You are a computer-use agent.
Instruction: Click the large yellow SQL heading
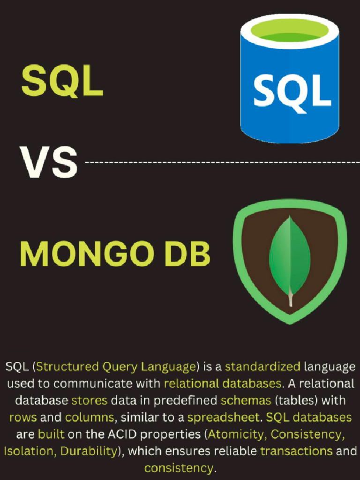coord(62,81)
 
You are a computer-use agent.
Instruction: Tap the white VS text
coord(48,162)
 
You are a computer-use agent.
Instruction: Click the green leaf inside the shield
coord(289,256)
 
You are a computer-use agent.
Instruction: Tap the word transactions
coord(296,451)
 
